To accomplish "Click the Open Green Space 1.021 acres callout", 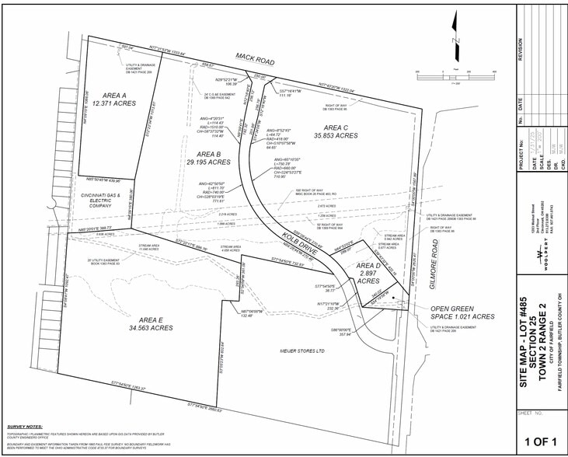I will (x=464, y=312).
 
